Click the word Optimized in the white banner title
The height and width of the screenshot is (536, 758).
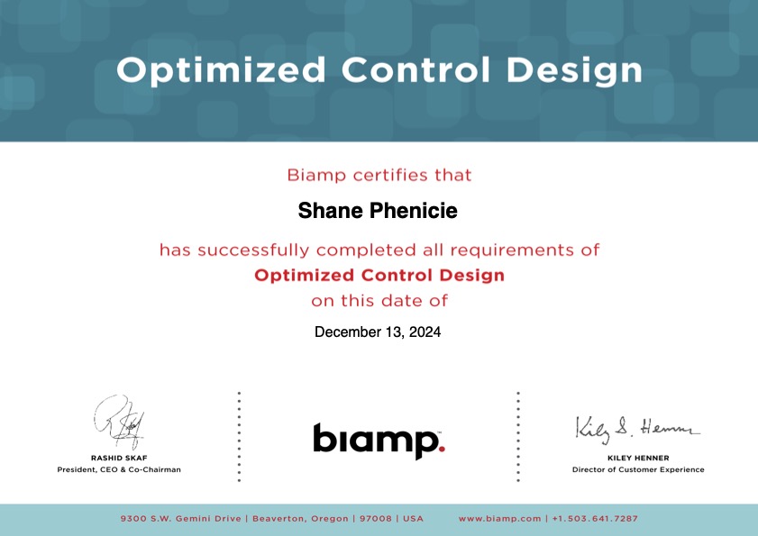(221, 71)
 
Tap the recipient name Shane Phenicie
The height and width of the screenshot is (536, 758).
(378, 211)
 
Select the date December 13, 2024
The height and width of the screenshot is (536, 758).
(378, 332)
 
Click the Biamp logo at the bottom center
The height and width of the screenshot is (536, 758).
(379, 441)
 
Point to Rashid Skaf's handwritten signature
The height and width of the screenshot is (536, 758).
(119, 422)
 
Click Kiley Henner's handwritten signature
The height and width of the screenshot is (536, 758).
(637, 429)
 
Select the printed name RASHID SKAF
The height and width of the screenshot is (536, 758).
(119, 458)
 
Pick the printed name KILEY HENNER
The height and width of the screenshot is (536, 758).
(638, 458)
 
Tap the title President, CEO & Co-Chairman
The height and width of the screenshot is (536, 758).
(119, 469)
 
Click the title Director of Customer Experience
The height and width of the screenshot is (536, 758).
(638, 469)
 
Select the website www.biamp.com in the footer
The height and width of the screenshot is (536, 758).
(500, 519)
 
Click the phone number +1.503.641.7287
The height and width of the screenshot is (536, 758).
(595, 519)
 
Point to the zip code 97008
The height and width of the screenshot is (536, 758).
(376, 519)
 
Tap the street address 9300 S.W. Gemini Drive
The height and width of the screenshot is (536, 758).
(181, 519)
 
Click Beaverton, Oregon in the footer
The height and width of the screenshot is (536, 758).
(300, 519)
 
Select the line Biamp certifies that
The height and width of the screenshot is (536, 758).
(379, 175)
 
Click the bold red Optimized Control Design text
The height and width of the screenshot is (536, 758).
(379, 275)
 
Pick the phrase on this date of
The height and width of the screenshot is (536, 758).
(379, 301)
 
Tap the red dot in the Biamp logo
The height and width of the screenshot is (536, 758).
(442, 449)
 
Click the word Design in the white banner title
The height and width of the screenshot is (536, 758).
(574, 71)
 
